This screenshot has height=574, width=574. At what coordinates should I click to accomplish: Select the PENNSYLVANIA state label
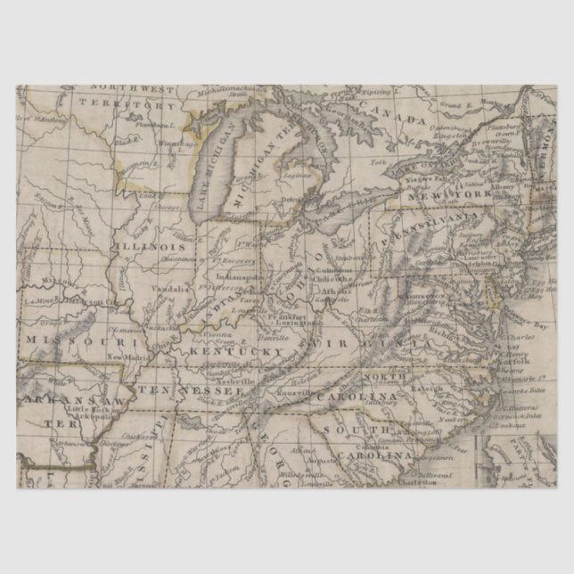click(x=426, y=228)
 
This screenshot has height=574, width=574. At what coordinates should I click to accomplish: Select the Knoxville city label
click(x=293, y=392)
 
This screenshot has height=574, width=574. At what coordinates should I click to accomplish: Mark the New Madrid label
click(x=127, y=357)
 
